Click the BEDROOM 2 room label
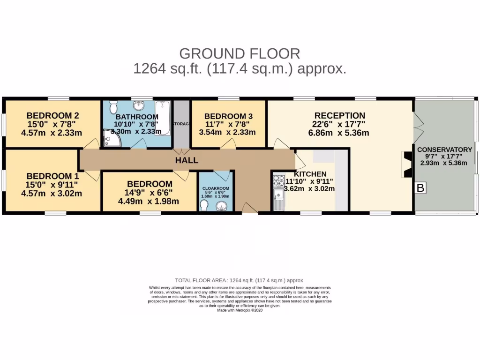pos(52,116)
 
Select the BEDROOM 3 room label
pos(225,116)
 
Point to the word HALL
pos(187,160)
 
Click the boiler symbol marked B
pos(420,188)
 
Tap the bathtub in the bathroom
pos(163,118)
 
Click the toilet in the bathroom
pos(112,108)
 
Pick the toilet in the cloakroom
pos(204,205)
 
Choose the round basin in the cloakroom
pos(220,205)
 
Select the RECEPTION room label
pos(339,116)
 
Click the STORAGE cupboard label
pos(182,124)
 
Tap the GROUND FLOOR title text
pos(240,53)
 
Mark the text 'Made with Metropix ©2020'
pos(240,310)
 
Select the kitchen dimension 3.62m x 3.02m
pos(309,189)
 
